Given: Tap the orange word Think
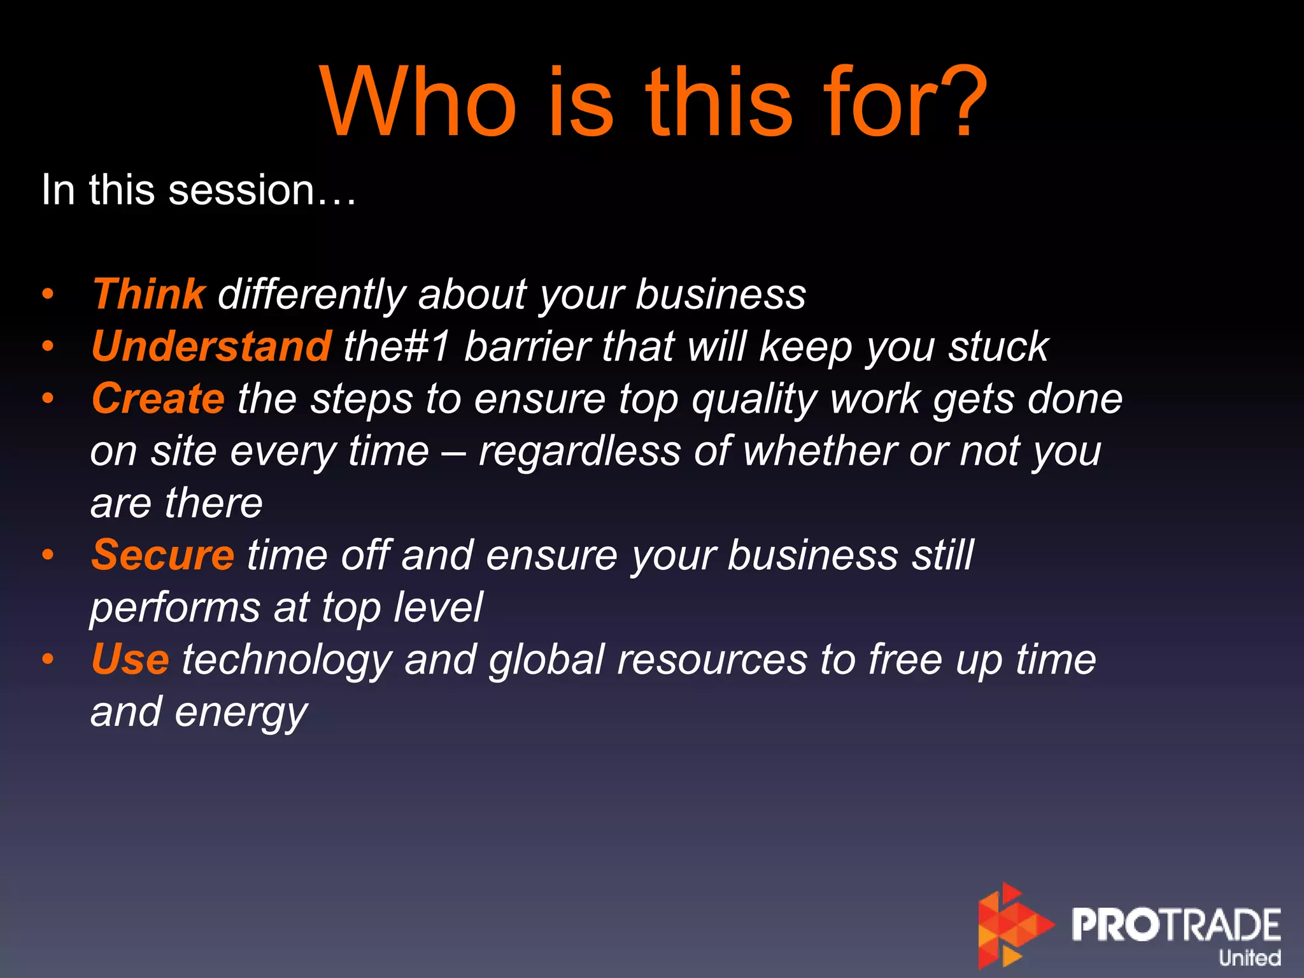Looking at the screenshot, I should [x=149, y=294].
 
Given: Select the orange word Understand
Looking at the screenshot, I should [x=211, y=346].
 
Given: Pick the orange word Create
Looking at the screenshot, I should [x=158, y=399].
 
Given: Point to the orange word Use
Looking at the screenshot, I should [x=130, y=660].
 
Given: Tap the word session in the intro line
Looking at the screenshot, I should [x=242, y=190].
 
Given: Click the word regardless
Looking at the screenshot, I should [x=579, y=452].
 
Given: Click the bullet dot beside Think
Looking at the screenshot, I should [x=48, y=294].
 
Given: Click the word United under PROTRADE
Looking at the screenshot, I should [x=1249, y=958].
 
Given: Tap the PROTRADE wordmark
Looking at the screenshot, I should [x=1175, y=925].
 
